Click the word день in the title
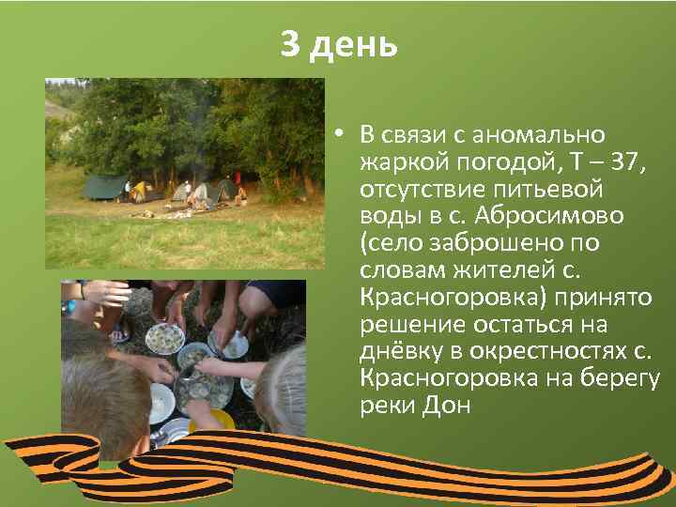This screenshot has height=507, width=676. click(x=354, y=44)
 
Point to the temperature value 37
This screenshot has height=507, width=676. click(x=624, y=162)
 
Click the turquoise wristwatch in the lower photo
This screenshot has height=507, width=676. click(x=69, y=305)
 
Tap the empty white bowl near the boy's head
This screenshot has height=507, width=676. click(x=161, y=402)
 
